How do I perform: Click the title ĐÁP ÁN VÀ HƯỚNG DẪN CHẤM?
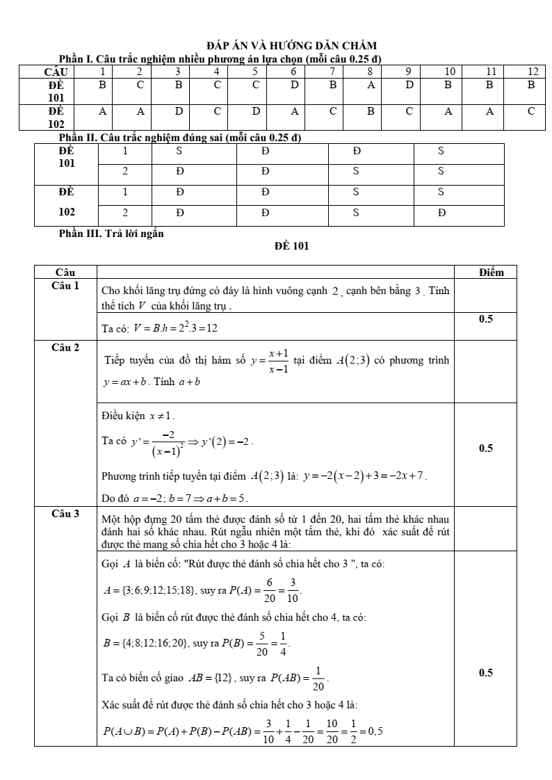coord(291,46)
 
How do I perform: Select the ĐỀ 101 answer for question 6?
coord(294,86)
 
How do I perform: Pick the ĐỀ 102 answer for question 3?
coord(179,111)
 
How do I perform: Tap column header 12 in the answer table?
coord(532,72)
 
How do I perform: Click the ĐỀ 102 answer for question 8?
coord(371,111)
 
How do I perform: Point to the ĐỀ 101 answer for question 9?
coord(409,86)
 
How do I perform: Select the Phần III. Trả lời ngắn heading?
coord(111,234)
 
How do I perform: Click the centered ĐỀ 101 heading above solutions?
coord(291,245)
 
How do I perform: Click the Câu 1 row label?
coord(65,286)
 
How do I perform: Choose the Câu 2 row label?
coord(65,347)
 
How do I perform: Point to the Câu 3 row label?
coord(65,514)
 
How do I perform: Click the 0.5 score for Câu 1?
coord(485,319)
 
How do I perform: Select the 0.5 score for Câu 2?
coord(485,448)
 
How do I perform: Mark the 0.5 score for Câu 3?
coord(485,673)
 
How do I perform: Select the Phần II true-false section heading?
coord(180,138)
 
